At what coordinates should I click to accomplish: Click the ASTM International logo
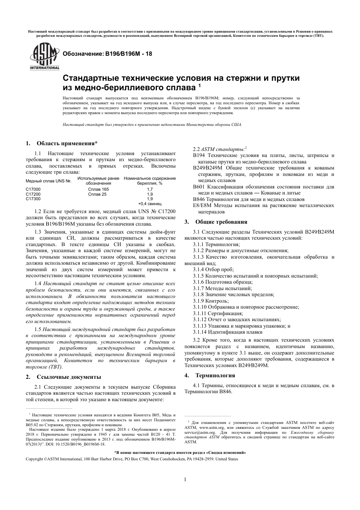(x=44, y=56)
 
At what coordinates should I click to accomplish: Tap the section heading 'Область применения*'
(x=67, y=143)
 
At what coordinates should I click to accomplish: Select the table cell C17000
(x=33, y=189)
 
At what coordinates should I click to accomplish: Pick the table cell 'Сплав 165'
(x=98, y=189)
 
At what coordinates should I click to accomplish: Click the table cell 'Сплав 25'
(x=97, y=194)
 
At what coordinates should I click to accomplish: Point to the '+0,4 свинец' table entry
(x=150, y=203)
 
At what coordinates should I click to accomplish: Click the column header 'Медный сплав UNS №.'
(x=49, y=181)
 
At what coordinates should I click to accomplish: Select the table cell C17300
(x=33, y=199)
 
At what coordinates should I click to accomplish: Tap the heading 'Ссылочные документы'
(x=69, y=377)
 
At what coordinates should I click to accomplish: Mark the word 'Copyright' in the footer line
(x=34, y=459)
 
